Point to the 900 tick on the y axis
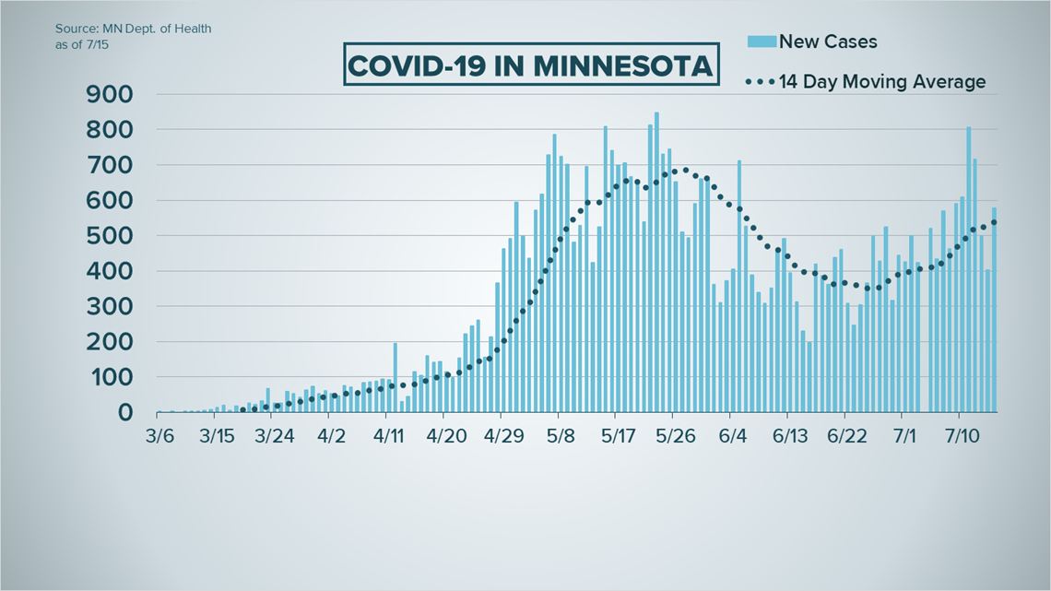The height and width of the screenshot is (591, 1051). [109, 94]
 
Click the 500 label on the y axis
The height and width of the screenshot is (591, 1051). [109, 236]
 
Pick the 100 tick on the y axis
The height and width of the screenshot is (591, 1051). [109, 377]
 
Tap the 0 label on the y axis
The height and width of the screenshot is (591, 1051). [125, 413]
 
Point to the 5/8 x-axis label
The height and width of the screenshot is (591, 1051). [560, 434]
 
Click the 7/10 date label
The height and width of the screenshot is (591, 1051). [960, 434]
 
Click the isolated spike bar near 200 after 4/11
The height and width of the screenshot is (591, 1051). [395, 378]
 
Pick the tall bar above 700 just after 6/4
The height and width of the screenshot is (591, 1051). [738, 286]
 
